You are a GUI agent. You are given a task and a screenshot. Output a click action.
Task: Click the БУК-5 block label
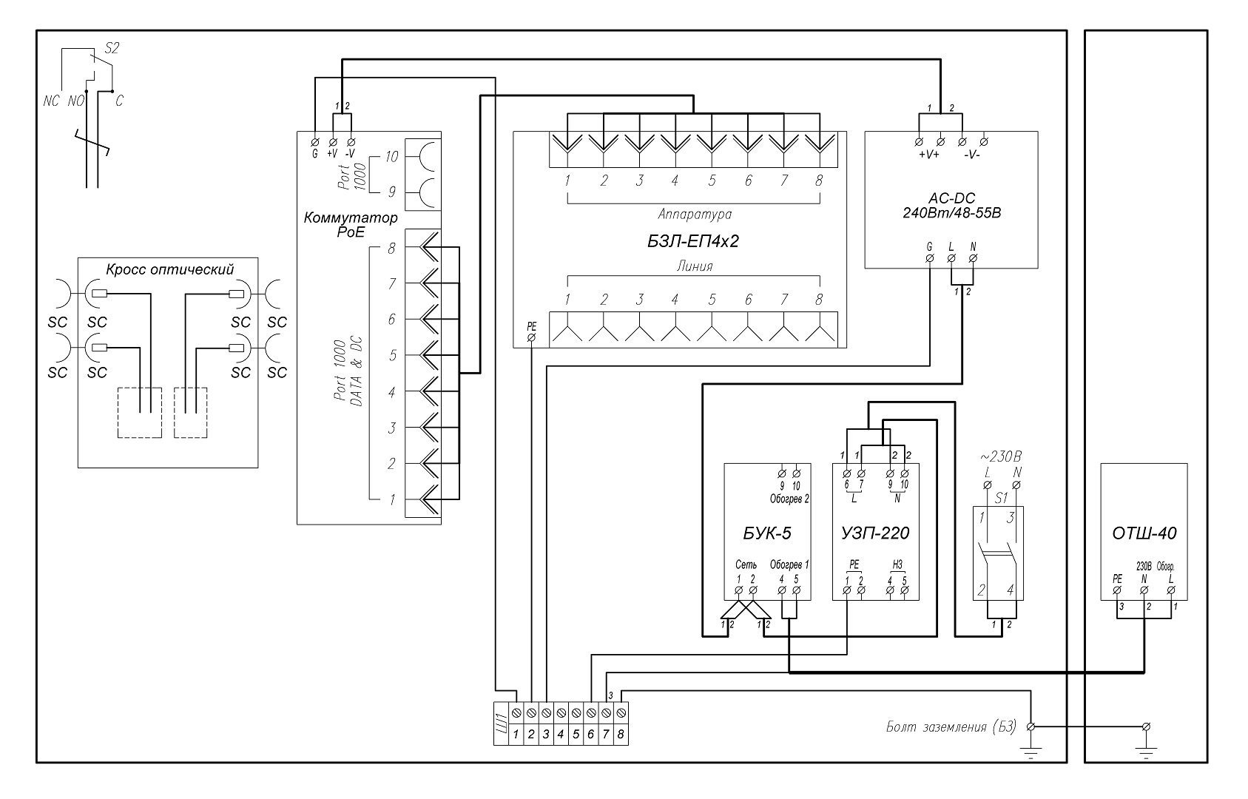[766, 533]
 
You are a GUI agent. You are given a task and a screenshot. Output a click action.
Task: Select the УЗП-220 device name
[875, 533]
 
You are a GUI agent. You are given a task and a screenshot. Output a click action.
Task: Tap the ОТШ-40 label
[1144, 533]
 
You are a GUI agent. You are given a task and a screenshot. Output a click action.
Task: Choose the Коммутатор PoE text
[350, 225]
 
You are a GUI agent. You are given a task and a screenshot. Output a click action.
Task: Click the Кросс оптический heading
[169, 269]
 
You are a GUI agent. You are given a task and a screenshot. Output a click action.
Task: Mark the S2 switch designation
[112, 49]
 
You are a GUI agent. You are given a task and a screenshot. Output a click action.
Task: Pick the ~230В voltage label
[1001, 456]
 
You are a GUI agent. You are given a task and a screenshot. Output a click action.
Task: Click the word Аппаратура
[694, 214]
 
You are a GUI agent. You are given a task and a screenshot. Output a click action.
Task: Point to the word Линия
[694, 266]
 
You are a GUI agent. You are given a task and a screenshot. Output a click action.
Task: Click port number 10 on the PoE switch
[391, 157]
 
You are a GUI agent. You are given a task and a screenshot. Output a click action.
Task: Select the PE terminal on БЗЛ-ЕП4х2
[531, 337]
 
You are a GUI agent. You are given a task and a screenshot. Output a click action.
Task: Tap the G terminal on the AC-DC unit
[929, 257]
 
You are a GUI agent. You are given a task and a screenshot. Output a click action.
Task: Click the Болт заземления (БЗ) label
[951, 727]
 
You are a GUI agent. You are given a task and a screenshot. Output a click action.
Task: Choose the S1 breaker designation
[1001, 499]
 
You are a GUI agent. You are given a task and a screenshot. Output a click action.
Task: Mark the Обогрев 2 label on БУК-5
[789, 499]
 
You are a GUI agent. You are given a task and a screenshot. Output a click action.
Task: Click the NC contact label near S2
[50, 101]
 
